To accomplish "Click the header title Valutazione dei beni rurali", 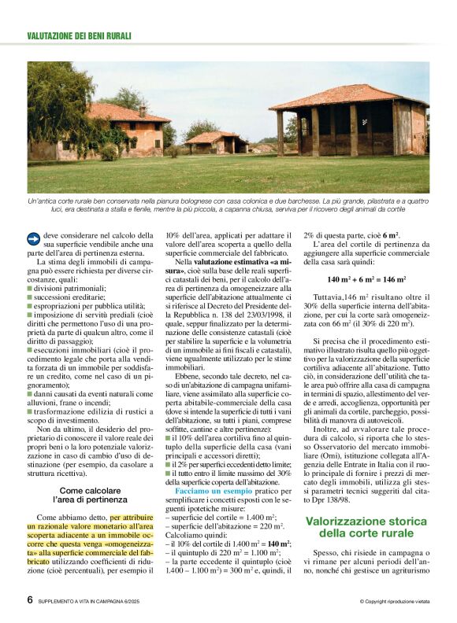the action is point(79,36).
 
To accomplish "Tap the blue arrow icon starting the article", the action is point(33,237).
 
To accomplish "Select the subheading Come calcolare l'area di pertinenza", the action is point(90,494).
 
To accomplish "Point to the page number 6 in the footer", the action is point(30,599).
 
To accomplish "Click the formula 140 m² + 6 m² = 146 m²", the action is point(366,279).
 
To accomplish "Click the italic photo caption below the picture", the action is point(228,206).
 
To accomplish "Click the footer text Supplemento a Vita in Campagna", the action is point(96,602).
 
